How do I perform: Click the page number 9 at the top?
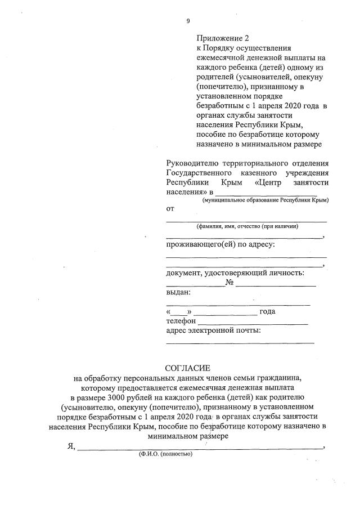click(188, 21)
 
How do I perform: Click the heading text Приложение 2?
click(222, 39)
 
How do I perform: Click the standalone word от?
click(170, 209)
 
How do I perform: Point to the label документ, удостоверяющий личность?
click(235, 273)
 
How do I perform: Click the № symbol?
click(229, 283)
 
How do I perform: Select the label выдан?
click(178, 292)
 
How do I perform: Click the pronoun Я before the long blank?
click(70, 446)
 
